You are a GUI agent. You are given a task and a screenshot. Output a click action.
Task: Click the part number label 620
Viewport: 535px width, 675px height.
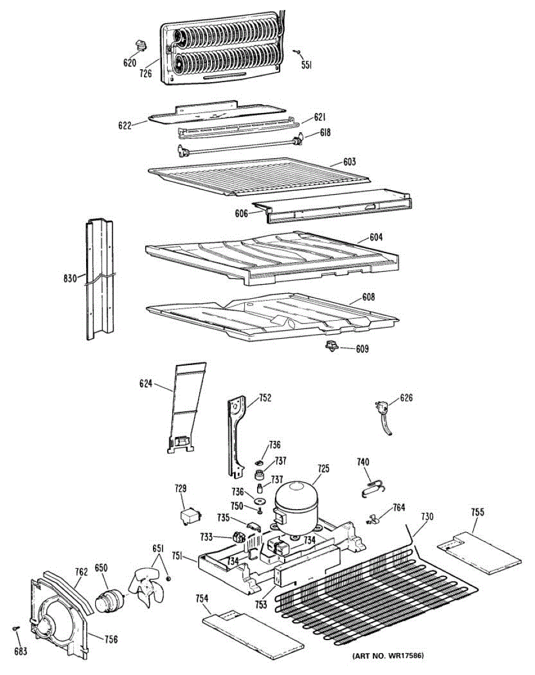(130, 63)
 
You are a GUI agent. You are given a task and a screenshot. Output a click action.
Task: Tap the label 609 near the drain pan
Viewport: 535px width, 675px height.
(362, 349)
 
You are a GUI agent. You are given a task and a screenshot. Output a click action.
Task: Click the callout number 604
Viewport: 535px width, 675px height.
(376, 237)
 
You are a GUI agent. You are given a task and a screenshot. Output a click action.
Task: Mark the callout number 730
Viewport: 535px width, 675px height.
(427, 516)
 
